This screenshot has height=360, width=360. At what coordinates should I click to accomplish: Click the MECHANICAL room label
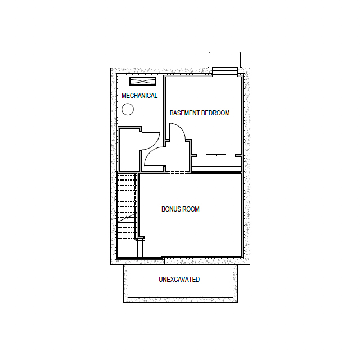tap(139, 96)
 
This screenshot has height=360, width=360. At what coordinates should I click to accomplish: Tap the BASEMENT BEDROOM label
tap(200, 113)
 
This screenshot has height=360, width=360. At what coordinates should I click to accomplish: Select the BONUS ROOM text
tap(181, 209)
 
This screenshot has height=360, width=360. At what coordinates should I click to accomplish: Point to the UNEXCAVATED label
tap(179, 280)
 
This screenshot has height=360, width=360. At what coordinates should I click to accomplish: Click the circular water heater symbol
tap(128, 109)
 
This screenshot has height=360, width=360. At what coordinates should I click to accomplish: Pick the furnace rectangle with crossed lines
tap(142, 81)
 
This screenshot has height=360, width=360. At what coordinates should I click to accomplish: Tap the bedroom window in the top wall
tap(225, 71)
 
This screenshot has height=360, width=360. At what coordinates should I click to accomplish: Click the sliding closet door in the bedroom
tap(221, 155)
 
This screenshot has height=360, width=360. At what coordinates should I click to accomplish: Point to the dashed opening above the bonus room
tap(178, 172)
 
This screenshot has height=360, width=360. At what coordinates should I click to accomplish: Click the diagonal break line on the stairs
tap(127, 217)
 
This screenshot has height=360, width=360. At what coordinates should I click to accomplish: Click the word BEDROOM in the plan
tap(215, 113)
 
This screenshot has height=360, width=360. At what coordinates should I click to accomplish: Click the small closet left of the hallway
tap(129, 150)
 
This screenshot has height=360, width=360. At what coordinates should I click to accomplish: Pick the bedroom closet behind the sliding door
tap(217, 161)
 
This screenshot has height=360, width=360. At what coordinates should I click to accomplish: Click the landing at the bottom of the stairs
tap(128, 248)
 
